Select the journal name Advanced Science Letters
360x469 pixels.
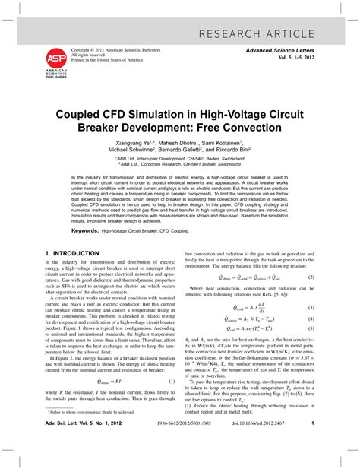click(279, 49)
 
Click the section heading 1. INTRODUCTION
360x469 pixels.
click(72, 252)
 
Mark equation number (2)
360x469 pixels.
click(311, 277)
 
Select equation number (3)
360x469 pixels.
click(311, 307)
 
